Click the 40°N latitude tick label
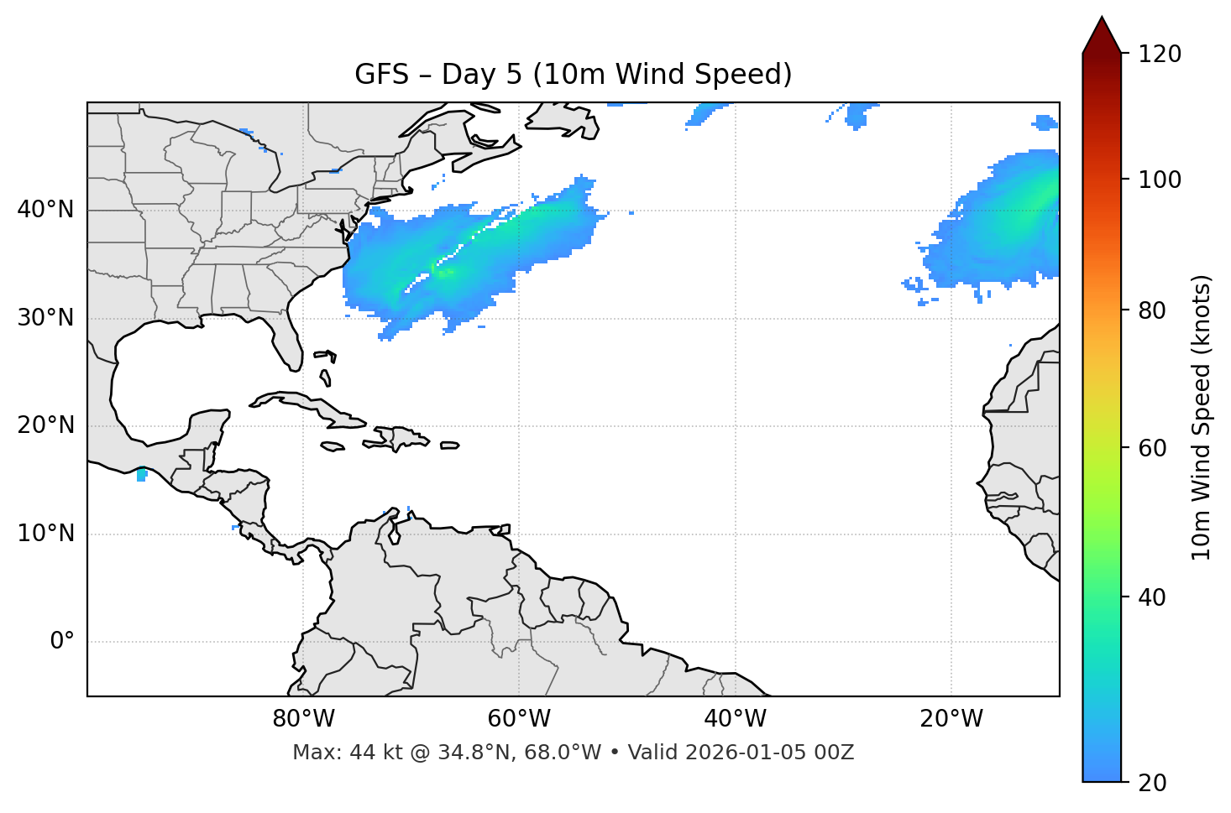coord(45,210)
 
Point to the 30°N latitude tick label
coord(45,318)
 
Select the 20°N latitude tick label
coord(45,425)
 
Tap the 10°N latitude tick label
coord(45,534)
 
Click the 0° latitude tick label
coord(61,642)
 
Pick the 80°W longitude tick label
coord(303,719)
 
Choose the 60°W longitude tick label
coord(519,719)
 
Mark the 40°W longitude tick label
coord(735,719)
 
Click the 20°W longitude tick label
coord(951,719)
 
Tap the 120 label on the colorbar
coord(1160,55)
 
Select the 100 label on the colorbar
coord(1160,180)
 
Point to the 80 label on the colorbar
coord(1152,310)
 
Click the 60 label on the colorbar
coord(1152,448)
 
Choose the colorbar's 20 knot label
coord(1152,783)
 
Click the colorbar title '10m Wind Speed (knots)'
coord(1202,417)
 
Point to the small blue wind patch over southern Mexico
coord(141,475)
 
